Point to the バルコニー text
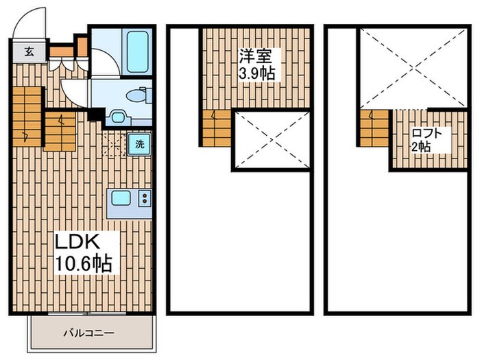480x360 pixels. [88, 333]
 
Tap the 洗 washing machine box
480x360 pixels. [139, 145]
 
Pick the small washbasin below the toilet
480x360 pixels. [116, 117]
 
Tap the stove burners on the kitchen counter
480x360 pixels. [146, 199]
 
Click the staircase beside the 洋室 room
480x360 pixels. [217, 129]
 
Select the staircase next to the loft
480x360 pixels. [373, 129]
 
